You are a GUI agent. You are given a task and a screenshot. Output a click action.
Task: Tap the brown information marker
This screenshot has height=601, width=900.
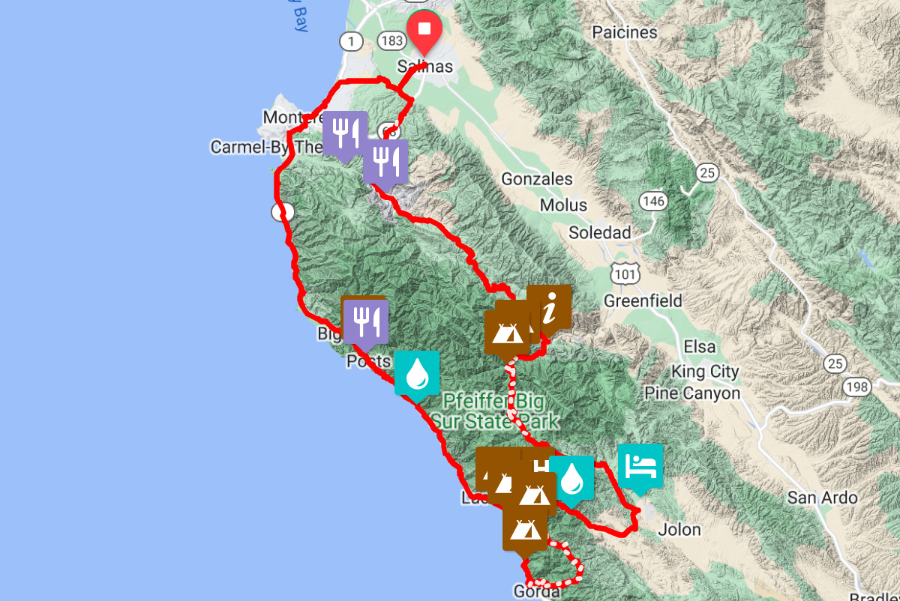click(x=549, y=307)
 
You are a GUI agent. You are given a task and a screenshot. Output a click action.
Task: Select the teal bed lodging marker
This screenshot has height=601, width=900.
click(x=640, y=466)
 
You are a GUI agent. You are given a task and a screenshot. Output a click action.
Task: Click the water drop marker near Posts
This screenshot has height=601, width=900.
click(x=415, y=372)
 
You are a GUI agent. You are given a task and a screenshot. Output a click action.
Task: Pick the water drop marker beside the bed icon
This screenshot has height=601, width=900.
click(x=571, y=477)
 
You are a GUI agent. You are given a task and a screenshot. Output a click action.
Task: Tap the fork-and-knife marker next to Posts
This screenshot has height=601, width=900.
click(x=364, y=321)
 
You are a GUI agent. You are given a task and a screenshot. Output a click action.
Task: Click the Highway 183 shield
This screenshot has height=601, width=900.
click(x=391, y=41)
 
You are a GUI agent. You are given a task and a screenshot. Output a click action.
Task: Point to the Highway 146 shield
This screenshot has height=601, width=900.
click(x=653, y=200)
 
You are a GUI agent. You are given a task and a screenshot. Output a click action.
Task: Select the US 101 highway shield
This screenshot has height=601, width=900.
click(x=624, y=274)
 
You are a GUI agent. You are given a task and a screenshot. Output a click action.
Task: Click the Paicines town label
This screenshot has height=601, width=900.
click(x=624, y=32)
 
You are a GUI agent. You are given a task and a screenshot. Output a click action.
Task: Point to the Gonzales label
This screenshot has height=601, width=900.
click(x=537, y=179)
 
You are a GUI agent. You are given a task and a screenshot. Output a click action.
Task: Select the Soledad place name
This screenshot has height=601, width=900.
click(x=600, y=232)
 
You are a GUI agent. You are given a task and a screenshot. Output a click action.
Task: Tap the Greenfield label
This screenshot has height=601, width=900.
click(x=643, y=301)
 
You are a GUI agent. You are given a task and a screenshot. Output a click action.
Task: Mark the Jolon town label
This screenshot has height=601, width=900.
click(x=679, y=530)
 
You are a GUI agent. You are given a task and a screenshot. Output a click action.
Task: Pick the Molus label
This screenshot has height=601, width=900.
click(x=564, y=205)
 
